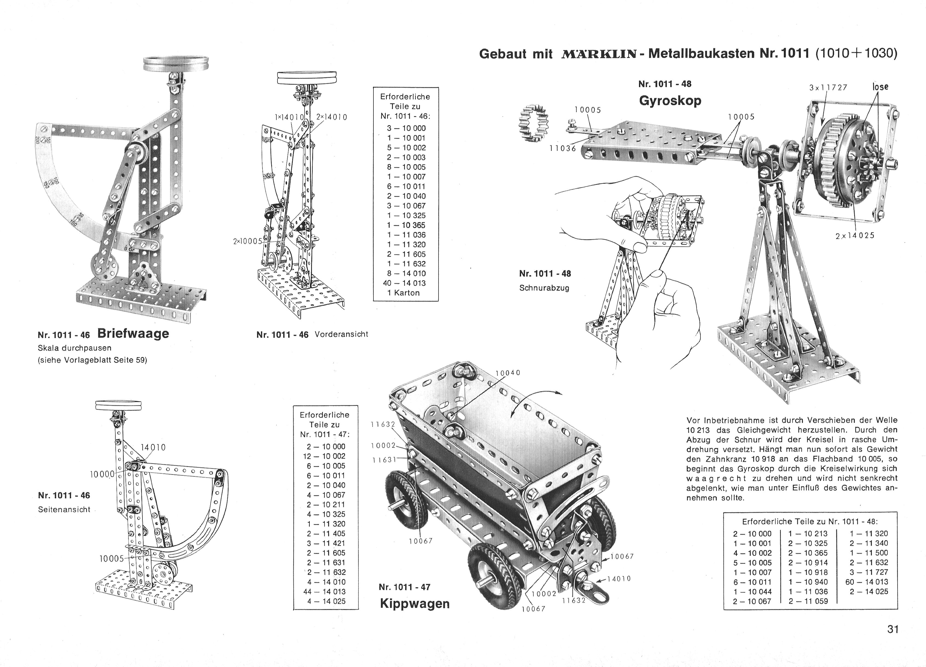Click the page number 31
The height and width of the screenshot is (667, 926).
893,630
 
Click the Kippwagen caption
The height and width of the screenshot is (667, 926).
414,604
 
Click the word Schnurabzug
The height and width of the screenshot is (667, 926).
544,288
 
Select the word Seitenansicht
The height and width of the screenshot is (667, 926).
64,510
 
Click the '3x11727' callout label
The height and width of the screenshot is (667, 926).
828,87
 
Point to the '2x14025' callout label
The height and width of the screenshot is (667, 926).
855,236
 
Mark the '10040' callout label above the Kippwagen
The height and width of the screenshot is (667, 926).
508,373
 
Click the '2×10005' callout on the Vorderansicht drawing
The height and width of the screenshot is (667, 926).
247,241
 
